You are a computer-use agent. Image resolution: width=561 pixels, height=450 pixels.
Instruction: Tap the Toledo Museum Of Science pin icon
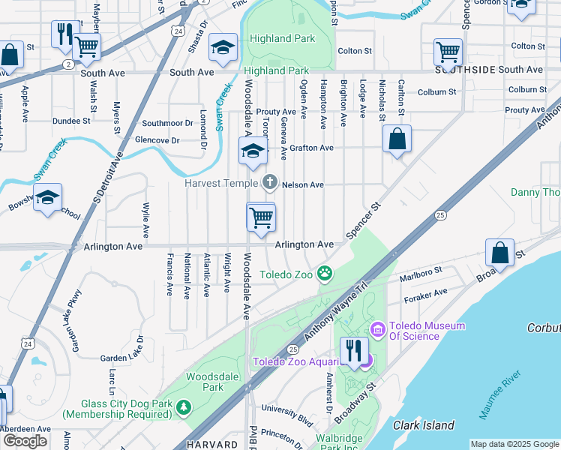click(376, 329)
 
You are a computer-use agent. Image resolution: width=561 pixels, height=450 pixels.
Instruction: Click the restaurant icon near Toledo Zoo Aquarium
click(351, 350)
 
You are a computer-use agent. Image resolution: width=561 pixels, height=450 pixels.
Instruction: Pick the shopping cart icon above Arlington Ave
click(261, 217)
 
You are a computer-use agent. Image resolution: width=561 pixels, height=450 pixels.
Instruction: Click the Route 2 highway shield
click(68, 64)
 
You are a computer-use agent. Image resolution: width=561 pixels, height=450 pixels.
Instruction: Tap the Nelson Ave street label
click(302, 184)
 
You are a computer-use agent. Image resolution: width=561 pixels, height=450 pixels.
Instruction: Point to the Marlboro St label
click(424, 272)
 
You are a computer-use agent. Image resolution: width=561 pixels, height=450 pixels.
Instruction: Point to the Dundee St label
click(71, 120)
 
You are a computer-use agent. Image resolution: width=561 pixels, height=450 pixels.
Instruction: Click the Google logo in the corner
click(24, 441)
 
